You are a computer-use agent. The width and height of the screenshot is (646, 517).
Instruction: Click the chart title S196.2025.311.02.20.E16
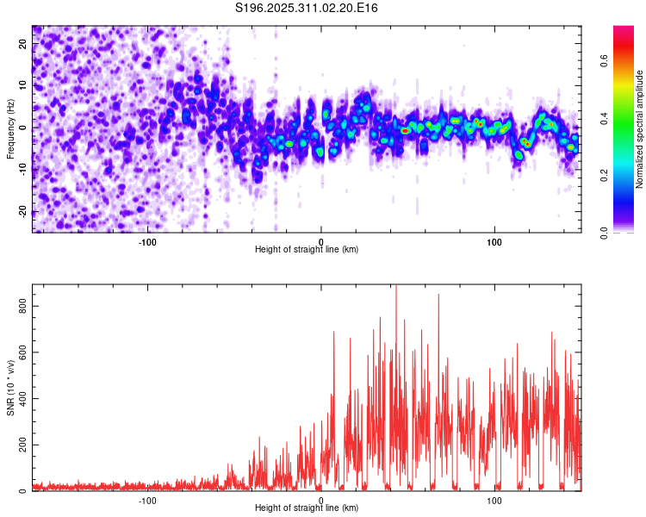point(307,9)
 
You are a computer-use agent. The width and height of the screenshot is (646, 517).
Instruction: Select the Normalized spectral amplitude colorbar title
point(640,129)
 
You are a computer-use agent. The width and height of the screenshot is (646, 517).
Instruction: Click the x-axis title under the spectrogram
point(307,250)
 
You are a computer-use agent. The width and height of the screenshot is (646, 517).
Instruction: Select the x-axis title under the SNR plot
point(307,508)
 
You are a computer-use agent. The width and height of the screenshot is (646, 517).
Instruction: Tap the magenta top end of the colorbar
point(624,30)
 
